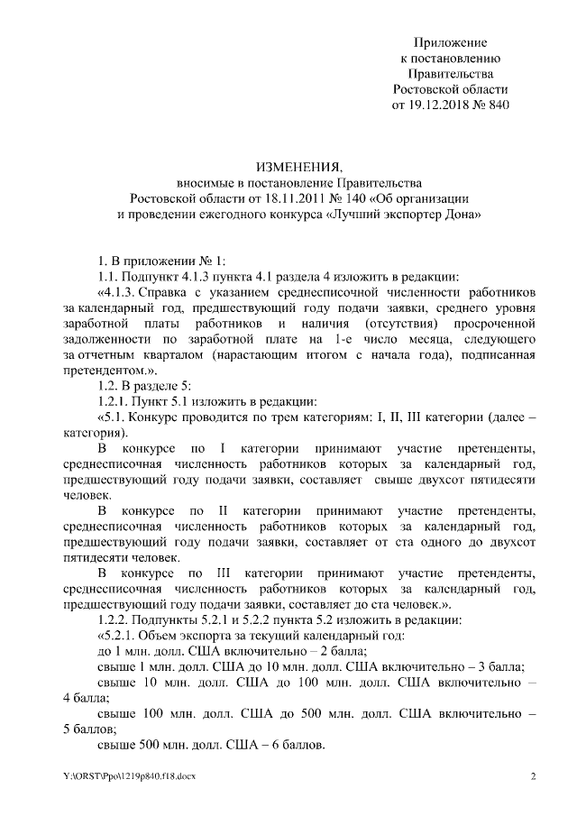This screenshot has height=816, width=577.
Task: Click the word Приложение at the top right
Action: point(450,42)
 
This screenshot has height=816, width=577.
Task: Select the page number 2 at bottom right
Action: point(533,776)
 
